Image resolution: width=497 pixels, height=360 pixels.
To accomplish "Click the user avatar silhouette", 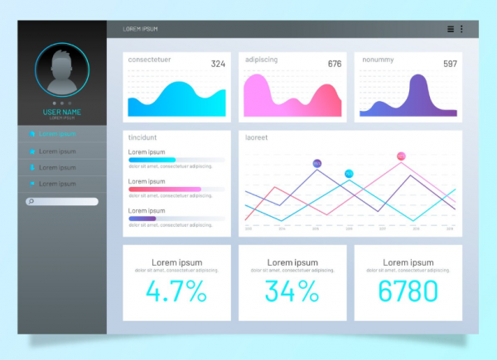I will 61,72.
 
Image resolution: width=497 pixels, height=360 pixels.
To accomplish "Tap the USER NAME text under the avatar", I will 62,112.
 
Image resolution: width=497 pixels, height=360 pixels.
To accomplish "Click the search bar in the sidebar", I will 62,201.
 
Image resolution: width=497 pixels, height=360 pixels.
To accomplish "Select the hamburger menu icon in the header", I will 451,29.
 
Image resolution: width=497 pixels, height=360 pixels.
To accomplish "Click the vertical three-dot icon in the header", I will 461,29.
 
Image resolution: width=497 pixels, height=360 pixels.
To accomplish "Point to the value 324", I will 218,64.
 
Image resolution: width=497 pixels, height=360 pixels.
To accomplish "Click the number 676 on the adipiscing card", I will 335,64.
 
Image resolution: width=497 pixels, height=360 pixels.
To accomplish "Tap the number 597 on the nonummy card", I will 450,64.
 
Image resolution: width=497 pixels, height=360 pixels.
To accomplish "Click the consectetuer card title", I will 148,60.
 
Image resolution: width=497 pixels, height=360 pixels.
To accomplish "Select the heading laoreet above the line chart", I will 256,137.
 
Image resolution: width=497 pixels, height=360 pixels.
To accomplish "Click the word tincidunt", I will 143,137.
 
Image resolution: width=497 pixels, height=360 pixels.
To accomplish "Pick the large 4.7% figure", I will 176,291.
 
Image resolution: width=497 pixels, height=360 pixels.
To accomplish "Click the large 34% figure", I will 292,291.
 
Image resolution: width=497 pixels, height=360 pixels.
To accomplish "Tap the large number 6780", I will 408,291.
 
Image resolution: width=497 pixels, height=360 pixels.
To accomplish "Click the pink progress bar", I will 165,190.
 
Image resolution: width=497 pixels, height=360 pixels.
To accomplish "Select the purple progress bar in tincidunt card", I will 142,218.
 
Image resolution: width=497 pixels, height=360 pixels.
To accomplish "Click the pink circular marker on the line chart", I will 402,156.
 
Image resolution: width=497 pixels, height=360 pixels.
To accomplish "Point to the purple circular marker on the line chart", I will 317,164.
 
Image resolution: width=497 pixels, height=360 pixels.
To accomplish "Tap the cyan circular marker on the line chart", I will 349,173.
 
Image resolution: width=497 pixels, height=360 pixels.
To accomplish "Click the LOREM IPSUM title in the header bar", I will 140,29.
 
